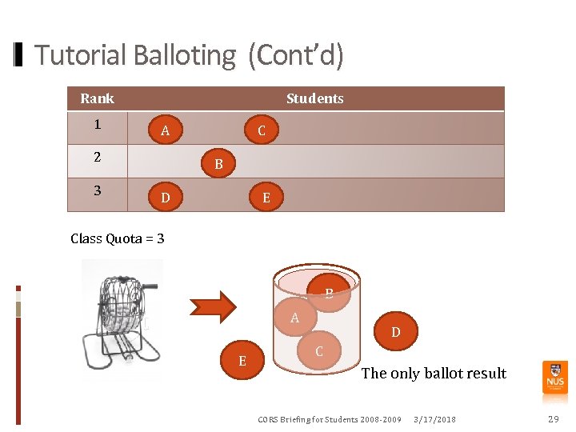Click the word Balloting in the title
(x=185, y=56)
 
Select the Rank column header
(x=97, y=98)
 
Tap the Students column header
(x=314, y=98)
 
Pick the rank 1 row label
(x=97, y=125)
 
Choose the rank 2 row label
(x=97, y=158)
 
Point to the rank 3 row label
(x=97, y=190)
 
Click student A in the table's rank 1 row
(x=165, y=130)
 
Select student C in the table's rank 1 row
(x=262, y=130)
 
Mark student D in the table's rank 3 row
(x=165, y=198)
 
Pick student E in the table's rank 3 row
(x=266, y=198)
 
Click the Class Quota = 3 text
(x=118, y=238)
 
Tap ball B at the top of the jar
(x=329, y=293)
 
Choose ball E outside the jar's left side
(x=242, y=361)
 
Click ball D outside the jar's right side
(x=395, y=331)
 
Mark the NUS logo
(x=555, y=376)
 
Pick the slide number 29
(x=553, y=419)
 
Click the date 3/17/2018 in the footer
(x=435, y=419)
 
